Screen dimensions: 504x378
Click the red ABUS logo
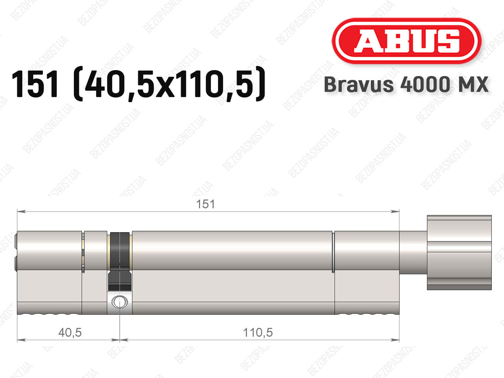pos(407,41)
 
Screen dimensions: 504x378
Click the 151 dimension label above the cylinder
pos(205,204)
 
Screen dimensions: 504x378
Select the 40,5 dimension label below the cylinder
pos(70,332)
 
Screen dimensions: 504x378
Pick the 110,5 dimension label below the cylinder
pos(258,332)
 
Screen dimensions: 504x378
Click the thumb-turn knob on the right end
pos(459,252)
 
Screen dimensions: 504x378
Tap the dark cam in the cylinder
pos(120,262)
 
